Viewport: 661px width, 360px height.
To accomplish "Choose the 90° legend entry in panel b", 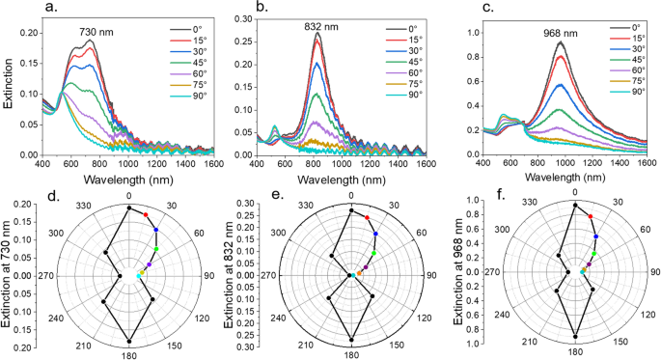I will (x=413, y=95).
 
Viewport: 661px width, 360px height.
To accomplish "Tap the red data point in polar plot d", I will (x=145, y=214).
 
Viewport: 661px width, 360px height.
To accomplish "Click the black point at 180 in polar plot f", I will (x=575, y=336).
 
